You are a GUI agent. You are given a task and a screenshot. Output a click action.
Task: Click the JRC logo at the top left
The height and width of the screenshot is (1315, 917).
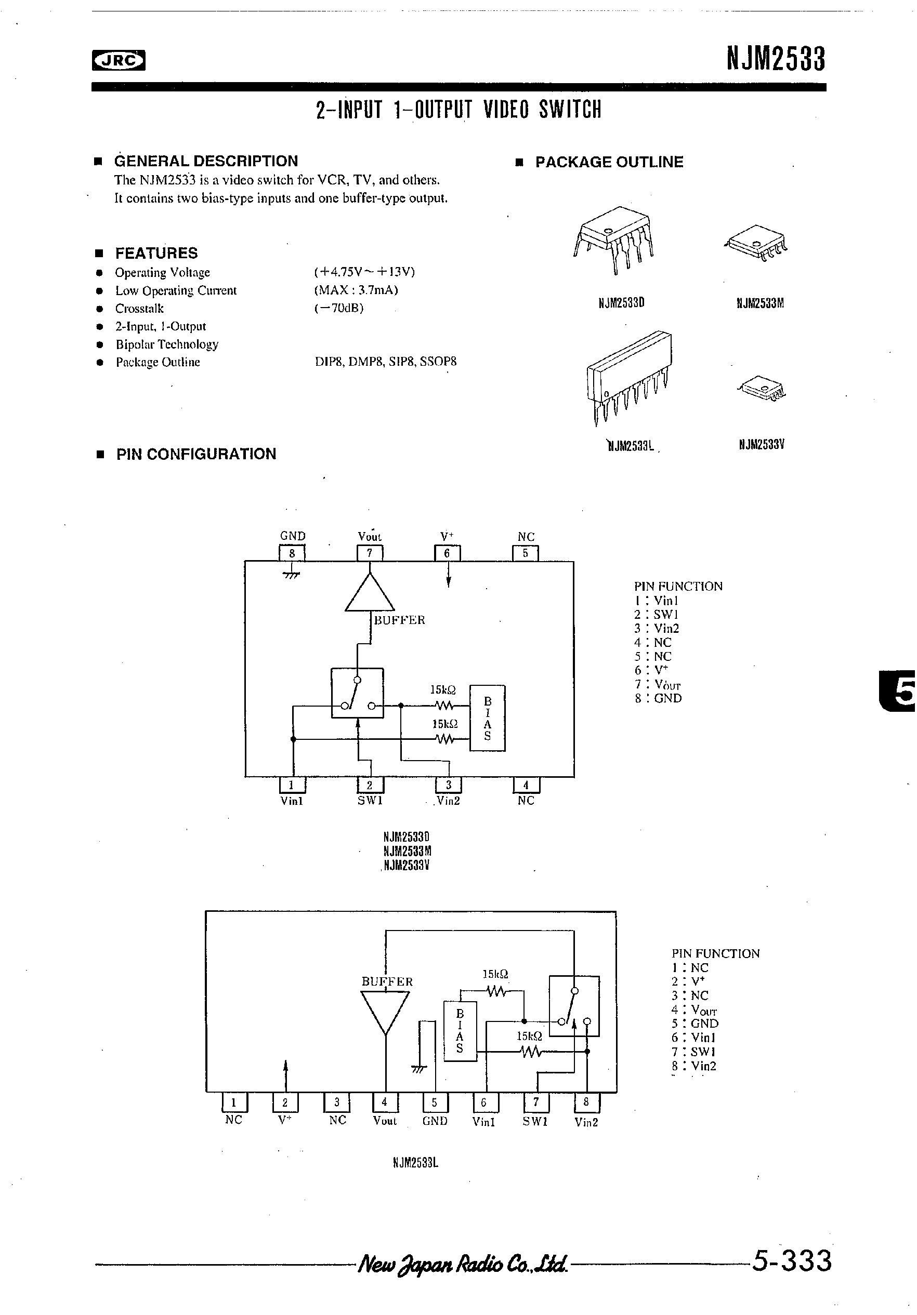pos(118,60)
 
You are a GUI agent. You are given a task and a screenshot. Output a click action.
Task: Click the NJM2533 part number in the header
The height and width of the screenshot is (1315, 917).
pos(776,60)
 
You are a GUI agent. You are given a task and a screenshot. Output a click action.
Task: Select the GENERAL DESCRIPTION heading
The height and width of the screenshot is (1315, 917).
pos(206,161)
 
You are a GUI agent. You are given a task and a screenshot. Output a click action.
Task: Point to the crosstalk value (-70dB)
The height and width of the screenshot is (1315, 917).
pos(339,308)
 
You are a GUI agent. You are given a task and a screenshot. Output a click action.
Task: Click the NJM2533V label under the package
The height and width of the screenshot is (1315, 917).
pos(761,444)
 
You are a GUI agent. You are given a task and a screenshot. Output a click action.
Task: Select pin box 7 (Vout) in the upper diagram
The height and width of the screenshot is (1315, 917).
pos(370,553)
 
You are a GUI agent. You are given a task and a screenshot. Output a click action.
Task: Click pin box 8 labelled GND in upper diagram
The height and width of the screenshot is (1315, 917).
pos(292,553)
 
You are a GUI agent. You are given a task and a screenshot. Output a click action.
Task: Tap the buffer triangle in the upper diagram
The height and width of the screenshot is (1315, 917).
pos(370,594)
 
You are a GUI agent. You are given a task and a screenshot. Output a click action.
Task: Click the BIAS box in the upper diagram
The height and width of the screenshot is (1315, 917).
pos(487,718)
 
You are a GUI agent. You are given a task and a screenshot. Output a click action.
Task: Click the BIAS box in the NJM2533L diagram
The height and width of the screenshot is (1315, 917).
pos(460,1031)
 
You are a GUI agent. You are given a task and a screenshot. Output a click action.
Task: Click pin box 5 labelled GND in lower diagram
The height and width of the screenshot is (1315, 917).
pos(435,1103)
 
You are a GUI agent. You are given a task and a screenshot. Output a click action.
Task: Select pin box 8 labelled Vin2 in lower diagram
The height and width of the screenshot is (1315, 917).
pos(586,1103)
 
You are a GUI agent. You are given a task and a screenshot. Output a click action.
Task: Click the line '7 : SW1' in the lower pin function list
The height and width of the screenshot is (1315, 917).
pos(693,1052)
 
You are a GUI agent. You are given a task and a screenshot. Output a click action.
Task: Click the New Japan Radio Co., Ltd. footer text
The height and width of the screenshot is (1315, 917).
pos(462,1264)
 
